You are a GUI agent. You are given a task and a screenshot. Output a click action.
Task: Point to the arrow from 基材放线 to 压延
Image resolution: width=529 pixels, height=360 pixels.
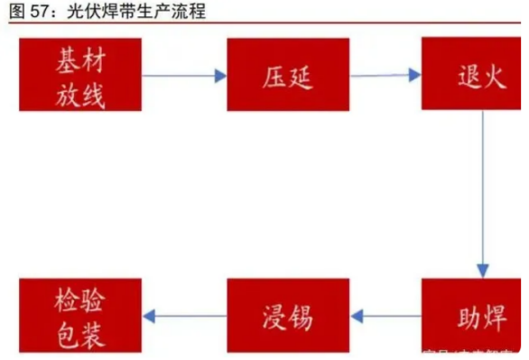click(184, 76)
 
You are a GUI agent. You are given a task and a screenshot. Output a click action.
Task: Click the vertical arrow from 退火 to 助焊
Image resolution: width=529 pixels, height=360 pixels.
click(483, 194)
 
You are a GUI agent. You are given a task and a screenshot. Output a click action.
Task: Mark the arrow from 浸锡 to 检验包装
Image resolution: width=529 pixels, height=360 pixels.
click(184, 316)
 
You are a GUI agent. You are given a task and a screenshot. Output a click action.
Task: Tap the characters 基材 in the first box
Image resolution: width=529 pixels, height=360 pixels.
click(80, 60)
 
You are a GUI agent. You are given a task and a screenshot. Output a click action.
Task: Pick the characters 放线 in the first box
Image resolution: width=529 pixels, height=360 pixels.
click(80, 92)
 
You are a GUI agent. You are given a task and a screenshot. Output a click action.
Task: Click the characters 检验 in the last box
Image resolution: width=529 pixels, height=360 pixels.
click(80, 300)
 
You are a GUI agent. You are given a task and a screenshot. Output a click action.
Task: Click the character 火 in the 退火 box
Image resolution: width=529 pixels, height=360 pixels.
click(487, 74)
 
